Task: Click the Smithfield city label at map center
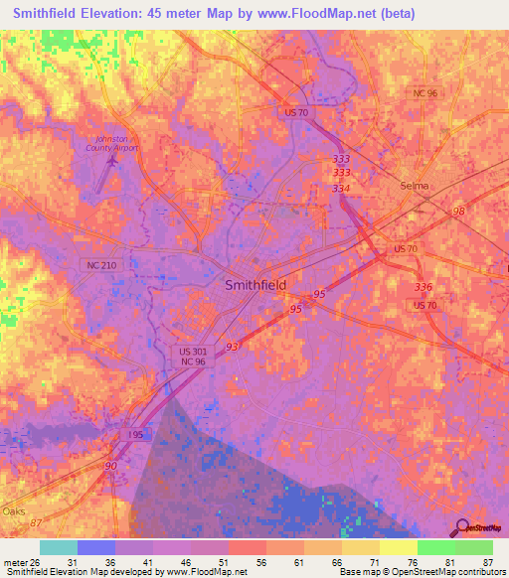255,284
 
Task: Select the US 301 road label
195,352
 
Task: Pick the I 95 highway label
138,434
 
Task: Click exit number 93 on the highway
232,346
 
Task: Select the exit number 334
341,188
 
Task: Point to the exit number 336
424,285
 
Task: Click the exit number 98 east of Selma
458,212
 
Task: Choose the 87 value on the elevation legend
487,562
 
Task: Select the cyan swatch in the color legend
58,547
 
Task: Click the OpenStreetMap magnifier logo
462,527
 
